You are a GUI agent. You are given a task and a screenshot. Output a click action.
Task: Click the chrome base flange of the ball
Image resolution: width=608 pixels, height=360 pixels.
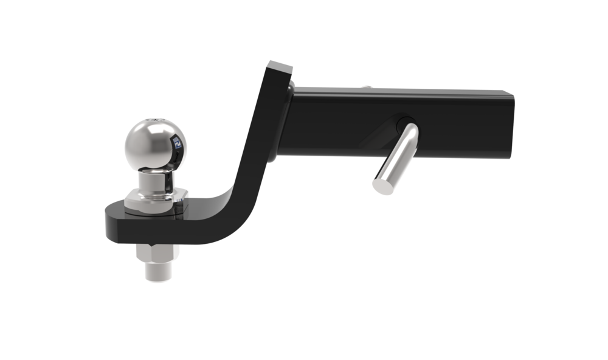click(154, 200)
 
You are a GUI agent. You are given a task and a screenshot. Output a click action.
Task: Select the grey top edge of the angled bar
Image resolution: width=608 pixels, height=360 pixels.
click(279, 66)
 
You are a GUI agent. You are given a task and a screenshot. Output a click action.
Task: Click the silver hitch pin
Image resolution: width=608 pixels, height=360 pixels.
click(396, 159)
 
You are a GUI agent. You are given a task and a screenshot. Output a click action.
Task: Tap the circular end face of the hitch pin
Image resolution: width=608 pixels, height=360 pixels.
click(382, 185)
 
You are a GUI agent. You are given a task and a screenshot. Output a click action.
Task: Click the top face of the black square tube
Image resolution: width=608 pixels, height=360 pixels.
click(401, 92)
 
